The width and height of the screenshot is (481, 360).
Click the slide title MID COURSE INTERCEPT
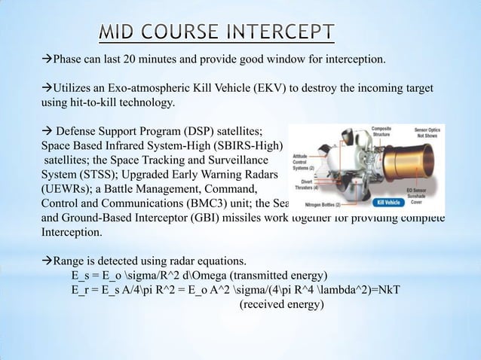(x=218, y=32)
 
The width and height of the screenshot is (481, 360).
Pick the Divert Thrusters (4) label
(x=309, y=184)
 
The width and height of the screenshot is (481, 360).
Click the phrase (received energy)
(x=281, y=305)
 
